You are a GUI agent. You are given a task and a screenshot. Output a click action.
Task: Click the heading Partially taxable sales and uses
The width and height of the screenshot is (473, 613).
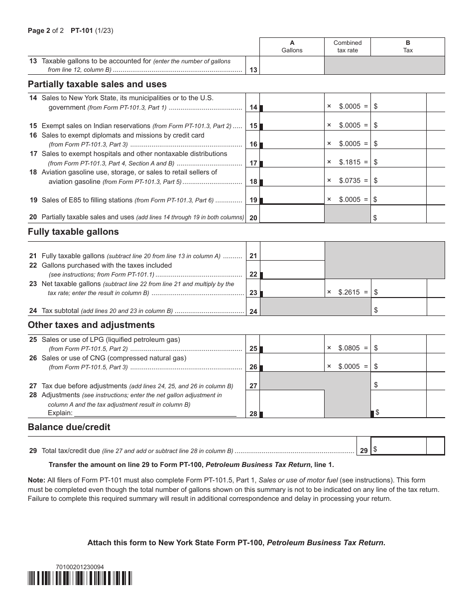(97, 84)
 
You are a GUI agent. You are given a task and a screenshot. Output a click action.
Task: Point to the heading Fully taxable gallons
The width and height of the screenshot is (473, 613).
(73, 232)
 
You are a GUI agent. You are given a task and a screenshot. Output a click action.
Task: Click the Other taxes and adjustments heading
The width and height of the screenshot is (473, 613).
(91, 325)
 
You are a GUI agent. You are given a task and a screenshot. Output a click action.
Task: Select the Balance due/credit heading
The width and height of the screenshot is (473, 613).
(69, 427)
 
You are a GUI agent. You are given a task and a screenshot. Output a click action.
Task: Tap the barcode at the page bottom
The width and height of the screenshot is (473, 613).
(80, 578)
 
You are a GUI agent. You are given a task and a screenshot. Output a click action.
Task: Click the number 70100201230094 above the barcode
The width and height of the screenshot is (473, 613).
(80, 567)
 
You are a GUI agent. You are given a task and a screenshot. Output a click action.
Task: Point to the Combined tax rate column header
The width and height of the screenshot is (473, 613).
(348, 46)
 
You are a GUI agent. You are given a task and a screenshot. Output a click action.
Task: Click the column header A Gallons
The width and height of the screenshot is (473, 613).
(292, 46)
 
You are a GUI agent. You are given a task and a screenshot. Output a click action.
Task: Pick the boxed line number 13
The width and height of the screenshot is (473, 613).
(253, 70)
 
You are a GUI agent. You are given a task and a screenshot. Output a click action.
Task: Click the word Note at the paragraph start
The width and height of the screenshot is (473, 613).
(36, 480)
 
